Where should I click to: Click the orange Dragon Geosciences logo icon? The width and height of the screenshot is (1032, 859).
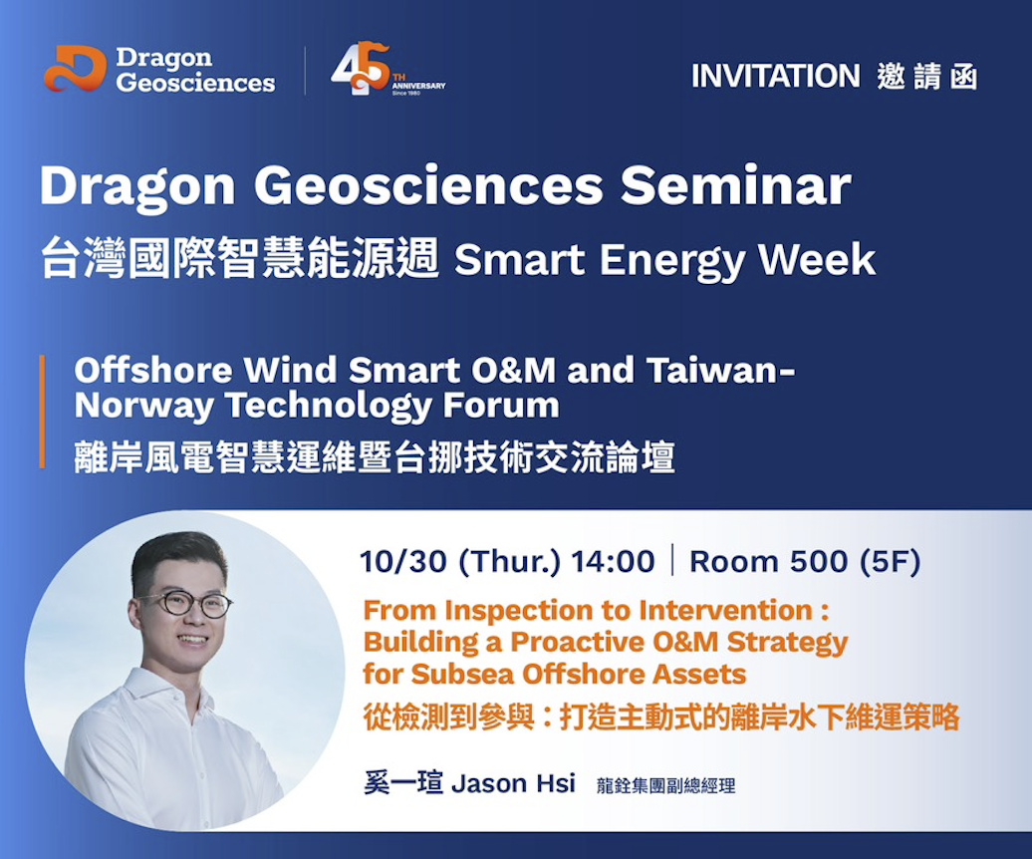click(x=75, y=69)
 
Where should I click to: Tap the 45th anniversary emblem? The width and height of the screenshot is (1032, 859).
click(x=387, y=69)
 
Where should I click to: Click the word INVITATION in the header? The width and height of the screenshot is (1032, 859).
click(x=775, y=76)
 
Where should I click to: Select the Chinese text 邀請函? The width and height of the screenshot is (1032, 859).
click(x=926, y=77)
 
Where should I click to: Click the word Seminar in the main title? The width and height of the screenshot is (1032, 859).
click(x=736, y=185)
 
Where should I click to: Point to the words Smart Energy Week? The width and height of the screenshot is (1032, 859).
click(x=664, y=259)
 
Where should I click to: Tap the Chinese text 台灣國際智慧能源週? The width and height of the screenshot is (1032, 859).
click(x=239, y=257)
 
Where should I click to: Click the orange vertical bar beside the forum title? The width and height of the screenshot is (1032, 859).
click(x=42, y=412)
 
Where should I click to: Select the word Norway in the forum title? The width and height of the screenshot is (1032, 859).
click(x=142, y=405)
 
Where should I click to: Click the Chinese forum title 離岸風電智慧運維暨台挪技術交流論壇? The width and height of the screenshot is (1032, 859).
click(x=375, y=457)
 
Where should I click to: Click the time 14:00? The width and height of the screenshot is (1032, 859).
click(x=613, y=561)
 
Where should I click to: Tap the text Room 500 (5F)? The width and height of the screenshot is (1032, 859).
click(x=805, y=561)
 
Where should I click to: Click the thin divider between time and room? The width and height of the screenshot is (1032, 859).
click(x=672, y=560)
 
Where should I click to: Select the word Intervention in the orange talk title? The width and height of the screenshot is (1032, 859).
click(x=725, y=610)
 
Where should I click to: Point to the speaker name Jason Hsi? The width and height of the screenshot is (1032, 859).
click(x=513, y=783)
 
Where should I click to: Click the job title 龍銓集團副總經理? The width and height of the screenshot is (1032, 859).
click(x=665, y=785)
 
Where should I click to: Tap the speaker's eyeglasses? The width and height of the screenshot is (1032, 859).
click(x=185, y=604)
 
